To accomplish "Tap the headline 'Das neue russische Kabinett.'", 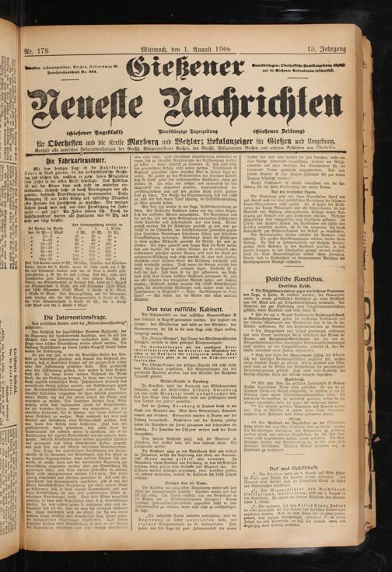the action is (x=197, y=309).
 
